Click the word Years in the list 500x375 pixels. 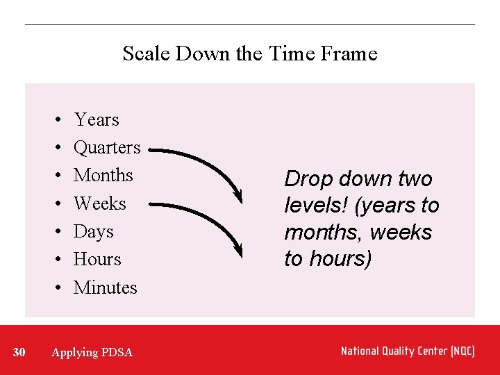[97, 120]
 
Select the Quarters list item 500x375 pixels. [107, 148]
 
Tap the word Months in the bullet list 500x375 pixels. [103, 176]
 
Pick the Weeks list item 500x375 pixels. [100, 204]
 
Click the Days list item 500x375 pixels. [93, 232]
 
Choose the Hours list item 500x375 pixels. [97, 260]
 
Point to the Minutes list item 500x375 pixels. [106, 287]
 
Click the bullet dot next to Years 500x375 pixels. [54, 121]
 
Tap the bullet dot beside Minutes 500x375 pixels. [54, 288]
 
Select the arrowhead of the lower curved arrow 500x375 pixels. [238, 249]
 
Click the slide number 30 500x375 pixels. [19, 353]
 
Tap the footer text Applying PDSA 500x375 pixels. [92, 353]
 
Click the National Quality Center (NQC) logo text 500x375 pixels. [408, 351]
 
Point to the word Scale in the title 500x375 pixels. [147, 53]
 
